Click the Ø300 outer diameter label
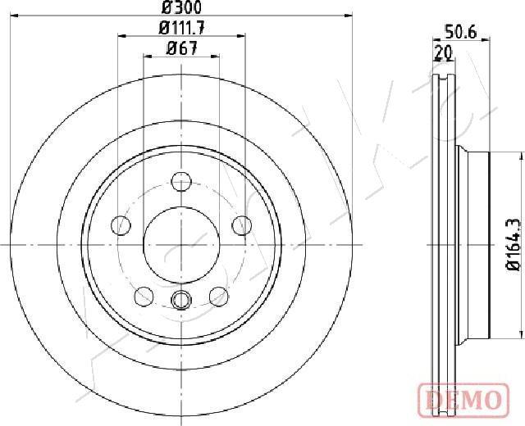(x=181, y=7)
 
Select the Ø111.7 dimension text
(x=181, y=28)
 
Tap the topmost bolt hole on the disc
(x=181, y=182)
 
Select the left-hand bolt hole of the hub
(x=121, y=224)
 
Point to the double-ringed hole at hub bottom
(x=181, y=299)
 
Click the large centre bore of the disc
(x=181, y=244)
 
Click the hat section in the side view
(x=472, y=244)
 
